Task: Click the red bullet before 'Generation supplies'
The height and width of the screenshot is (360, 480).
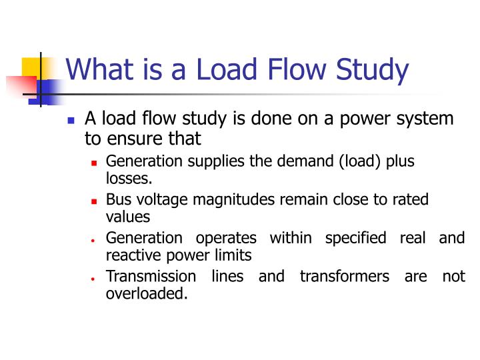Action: click(x=94, y=162)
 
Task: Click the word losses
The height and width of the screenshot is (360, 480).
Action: click(x=129, y=178)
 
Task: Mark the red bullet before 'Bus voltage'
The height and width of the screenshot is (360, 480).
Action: click(x=94, y=201)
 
